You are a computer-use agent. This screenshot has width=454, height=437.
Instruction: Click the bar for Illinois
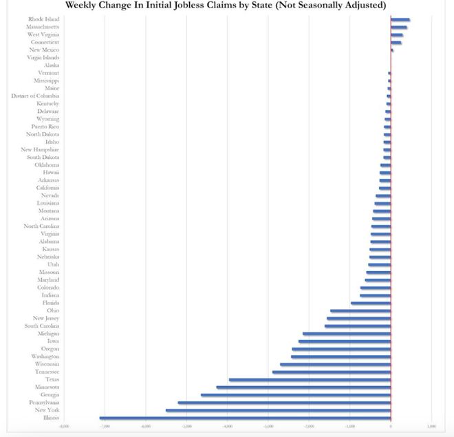tap(245, 418)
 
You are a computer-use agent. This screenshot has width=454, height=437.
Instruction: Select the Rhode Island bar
tap(400, 19)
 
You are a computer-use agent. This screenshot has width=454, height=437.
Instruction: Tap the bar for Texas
tap(310, 379)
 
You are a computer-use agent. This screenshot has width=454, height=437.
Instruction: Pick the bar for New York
tap(278, 410)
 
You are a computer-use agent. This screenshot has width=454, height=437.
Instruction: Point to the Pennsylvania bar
tap(284, 403)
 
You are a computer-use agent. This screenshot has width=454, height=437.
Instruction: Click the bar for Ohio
tap(360, 310)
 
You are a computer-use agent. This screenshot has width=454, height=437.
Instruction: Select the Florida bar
tap(371, 303)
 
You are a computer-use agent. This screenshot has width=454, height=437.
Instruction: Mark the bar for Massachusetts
tap(399, 27)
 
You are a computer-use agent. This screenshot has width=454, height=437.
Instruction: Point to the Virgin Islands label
tap(44, 58)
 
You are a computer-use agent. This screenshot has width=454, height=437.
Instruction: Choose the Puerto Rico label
tap(45, 127)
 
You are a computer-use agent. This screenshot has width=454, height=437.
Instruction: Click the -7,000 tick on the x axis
tap(105, 427)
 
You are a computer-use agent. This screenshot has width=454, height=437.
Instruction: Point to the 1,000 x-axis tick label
tap(431, 427)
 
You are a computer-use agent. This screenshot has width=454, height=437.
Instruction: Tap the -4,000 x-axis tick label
tap(227, 427)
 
